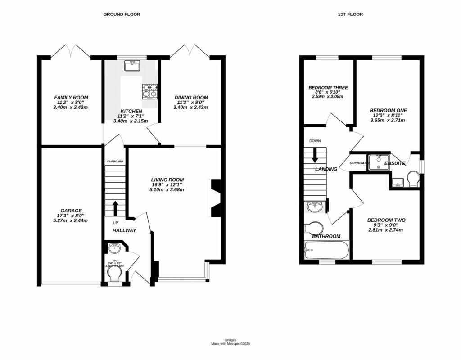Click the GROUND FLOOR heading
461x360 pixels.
(x=122, y=14)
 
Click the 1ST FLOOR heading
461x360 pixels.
(x=350, y=14)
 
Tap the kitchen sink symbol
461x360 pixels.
(x=132, y=66)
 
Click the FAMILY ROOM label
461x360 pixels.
(x=71, y=98)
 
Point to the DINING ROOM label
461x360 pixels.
(x=191, y=98)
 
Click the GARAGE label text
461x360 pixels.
(x=71, y=210)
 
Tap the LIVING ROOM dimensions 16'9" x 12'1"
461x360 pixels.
(x=167, y=184)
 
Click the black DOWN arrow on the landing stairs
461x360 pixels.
(x=315, y=155)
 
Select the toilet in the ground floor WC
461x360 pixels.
(x=117, y=274)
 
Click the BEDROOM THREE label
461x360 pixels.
(x=328, y=88)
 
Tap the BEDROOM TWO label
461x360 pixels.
(x=386, y=220)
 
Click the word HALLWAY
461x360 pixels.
(x=124, y=230)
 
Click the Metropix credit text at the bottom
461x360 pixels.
(x=230, y=344)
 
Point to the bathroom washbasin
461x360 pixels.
(x=315, y=207)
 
